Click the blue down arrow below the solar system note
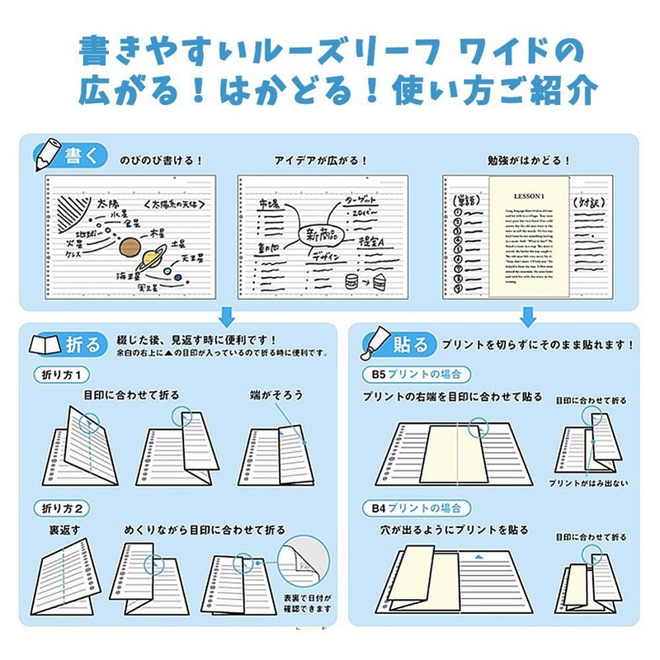click(227, 315)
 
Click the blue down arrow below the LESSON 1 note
click(529, 315)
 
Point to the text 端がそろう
click(277, 395)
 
